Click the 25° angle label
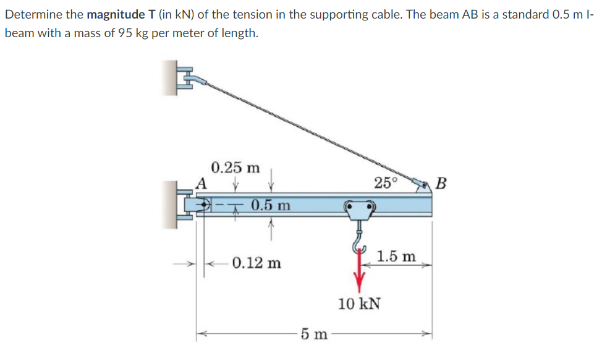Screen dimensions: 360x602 tap(386, 182)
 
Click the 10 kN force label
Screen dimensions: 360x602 tap(359, 304)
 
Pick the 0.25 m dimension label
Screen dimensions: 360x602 tap(235, 167)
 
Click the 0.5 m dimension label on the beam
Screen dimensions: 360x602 tap(271, 205)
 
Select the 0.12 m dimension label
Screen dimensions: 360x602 tap(257, 263)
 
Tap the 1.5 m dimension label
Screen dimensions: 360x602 tap(396, 256)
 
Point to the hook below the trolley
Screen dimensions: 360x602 tap(358, 241)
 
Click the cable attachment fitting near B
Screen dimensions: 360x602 tap(421, 182)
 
